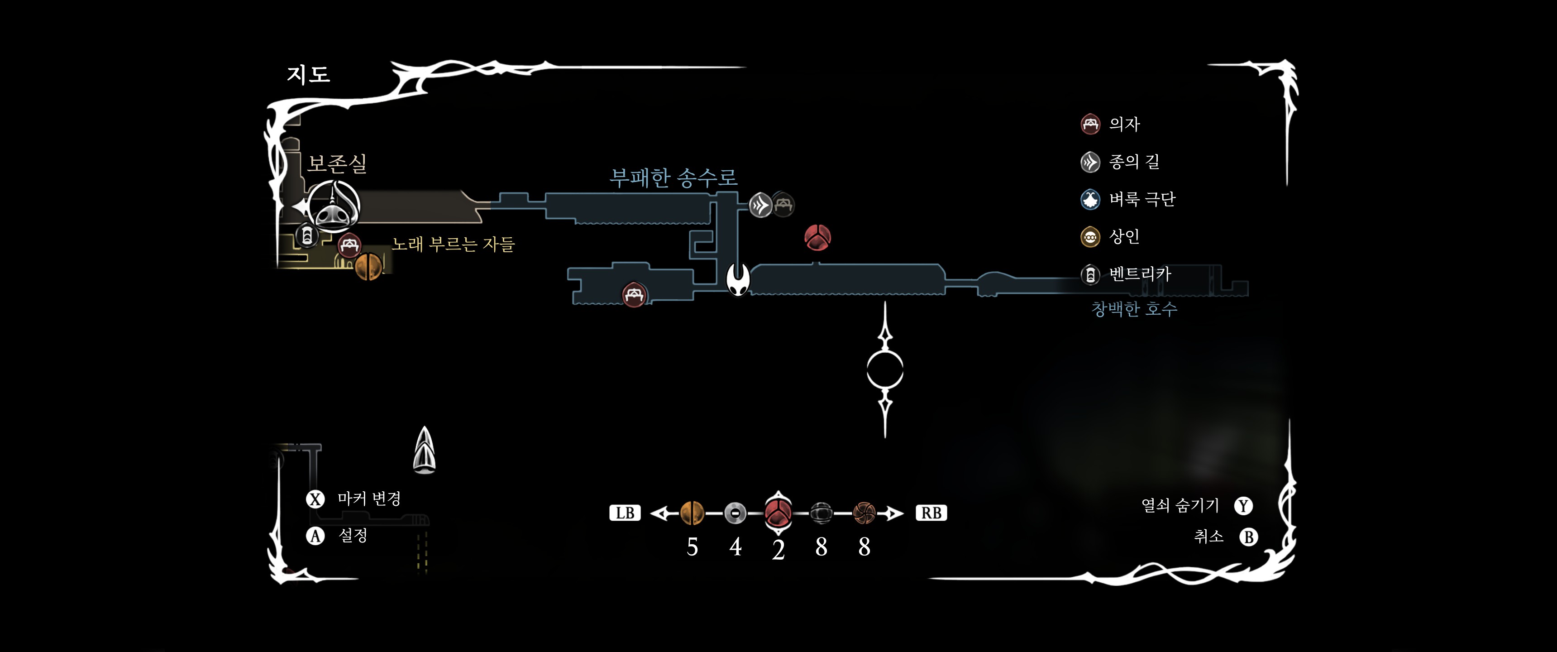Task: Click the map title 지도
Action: pyautogui.click(x=308, y=74)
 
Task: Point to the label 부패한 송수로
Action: pyautogui.click(x=673, y=177)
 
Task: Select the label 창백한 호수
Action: pyautogui.click(x=1134, y=309)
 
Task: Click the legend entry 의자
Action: pyautogui.click(x=1124, y=124)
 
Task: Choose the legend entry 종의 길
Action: pyautogui.click(x=1133, y=162)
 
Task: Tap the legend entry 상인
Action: pyautogui.click(x=1124, y=236)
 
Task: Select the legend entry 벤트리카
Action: pyautogui.click(x=1139, y=274)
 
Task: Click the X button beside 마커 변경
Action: pyautogui.click(x=315, y=499)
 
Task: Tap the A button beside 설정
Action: pyautogui.click(x=315, y=536)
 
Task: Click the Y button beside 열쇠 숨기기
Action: pyautogui.click(x=1243, y=506)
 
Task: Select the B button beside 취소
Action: pyautogui.click(x=1248, y=537)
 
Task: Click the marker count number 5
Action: pyautogui.click(x=692, y=547)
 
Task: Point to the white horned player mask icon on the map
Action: pyautogui.click(x=738, y=280)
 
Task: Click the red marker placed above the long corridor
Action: pyautogui.click(x=817, y=238)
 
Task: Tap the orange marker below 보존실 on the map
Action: pyautogui.click(x=368, y=267)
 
